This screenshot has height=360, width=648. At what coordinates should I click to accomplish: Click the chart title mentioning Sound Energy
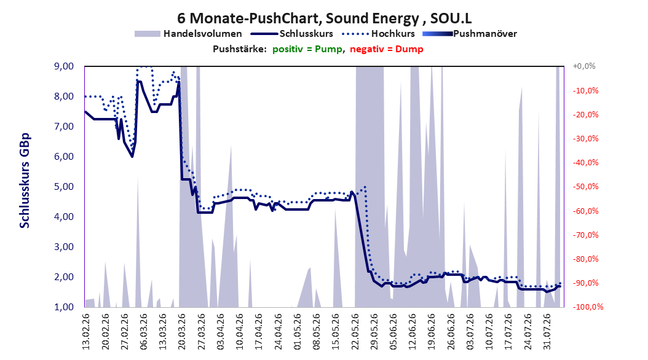coord(325,18)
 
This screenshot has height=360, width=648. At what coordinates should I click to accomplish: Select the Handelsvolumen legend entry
coord(188,34)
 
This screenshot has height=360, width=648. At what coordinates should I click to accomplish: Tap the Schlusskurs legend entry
coord(292,34)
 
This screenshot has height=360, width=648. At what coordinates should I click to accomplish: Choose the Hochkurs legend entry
coord(377,34)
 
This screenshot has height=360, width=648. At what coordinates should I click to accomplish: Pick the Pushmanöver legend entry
coord(470,34)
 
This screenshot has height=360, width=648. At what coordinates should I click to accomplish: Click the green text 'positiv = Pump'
coord(307,49)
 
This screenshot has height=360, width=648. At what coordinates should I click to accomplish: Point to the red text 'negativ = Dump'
coord(387,49)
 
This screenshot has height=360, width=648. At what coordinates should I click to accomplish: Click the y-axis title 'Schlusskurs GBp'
coord(25,181)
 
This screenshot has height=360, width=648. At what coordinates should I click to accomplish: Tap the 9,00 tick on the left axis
coord(64,66)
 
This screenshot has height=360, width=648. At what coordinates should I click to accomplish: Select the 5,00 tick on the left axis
coord(64,187)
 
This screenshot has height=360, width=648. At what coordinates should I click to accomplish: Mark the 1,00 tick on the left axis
coord(64,307)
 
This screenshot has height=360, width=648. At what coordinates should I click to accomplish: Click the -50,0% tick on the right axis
coord(585,187)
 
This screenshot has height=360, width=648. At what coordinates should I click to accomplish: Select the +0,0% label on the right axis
coord(584,66)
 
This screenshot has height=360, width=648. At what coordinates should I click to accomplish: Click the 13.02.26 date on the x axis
coord(86,332)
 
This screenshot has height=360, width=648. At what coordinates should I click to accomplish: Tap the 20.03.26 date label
coord(181,332)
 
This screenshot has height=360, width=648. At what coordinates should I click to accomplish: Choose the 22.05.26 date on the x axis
coord(355,332)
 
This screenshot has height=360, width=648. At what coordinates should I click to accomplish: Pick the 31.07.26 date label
coord(547,332)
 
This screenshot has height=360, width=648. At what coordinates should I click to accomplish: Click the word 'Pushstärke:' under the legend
coord(240,49)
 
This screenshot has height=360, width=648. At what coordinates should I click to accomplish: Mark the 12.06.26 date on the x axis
coord(413,332)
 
